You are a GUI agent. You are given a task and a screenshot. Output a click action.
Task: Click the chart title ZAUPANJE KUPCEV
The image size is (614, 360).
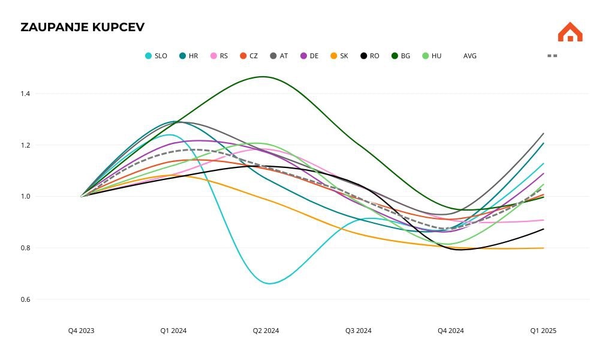pyautogui.click(x=82, y=27)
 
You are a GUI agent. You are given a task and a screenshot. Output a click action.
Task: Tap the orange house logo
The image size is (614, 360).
pyautogui.click(x=570, y=32)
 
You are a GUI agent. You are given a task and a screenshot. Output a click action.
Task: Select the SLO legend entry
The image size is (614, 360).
pyautogui.click(x=156, y=56)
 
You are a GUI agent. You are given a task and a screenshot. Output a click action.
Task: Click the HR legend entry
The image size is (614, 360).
pyautogui.click(x=189, y=56)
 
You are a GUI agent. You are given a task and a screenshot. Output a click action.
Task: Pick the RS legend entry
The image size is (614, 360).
pyautogui.click(x=219, y=56)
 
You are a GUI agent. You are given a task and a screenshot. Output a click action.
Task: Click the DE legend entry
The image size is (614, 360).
pyautogui.click(x=309, y=56)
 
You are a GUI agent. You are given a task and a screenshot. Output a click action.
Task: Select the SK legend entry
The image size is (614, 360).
pyautogui.click(x=339, y=56)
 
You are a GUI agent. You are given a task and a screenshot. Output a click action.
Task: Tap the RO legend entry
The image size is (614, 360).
pyautogui.click(x=370, y=56)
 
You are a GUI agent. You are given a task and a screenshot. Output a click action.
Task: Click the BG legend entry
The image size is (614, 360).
pyautogui.click(x=401, y=56)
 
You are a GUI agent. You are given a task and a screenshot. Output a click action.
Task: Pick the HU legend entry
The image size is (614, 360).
pyautogui.click(x=432, y=56)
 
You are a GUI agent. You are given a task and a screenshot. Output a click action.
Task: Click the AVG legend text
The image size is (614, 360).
pyautogui.click(x=469, y=56)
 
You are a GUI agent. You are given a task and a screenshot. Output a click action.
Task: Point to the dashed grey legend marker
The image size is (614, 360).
pyautogui.click(x=552, y=56)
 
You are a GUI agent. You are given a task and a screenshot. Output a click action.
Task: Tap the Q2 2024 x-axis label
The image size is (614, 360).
pyautogui.click(x=266, y=331)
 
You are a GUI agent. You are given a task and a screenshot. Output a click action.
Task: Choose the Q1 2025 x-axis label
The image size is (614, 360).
pyautogui.click(x=543, y=331)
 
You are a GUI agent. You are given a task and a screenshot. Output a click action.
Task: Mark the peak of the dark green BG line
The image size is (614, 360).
pyautogui.click(x=263, y=77)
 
